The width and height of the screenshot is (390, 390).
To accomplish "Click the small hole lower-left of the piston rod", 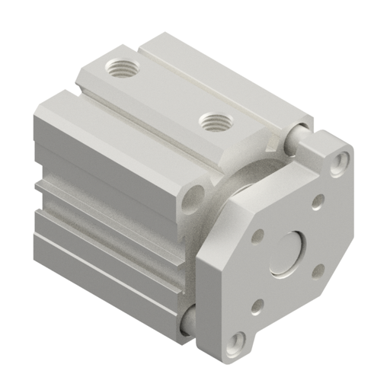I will point(257,305).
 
